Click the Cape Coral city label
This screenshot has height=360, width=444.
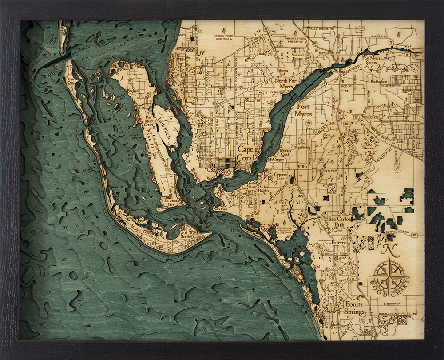[246, 153]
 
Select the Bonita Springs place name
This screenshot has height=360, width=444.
[354, 308]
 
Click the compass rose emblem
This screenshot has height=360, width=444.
[389, 276]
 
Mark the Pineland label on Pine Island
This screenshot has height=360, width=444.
[133, 91]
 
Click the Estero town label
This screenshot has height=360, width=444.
[338, 243]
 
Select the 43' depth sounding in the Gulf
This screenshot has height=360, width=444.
[48, 292]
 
